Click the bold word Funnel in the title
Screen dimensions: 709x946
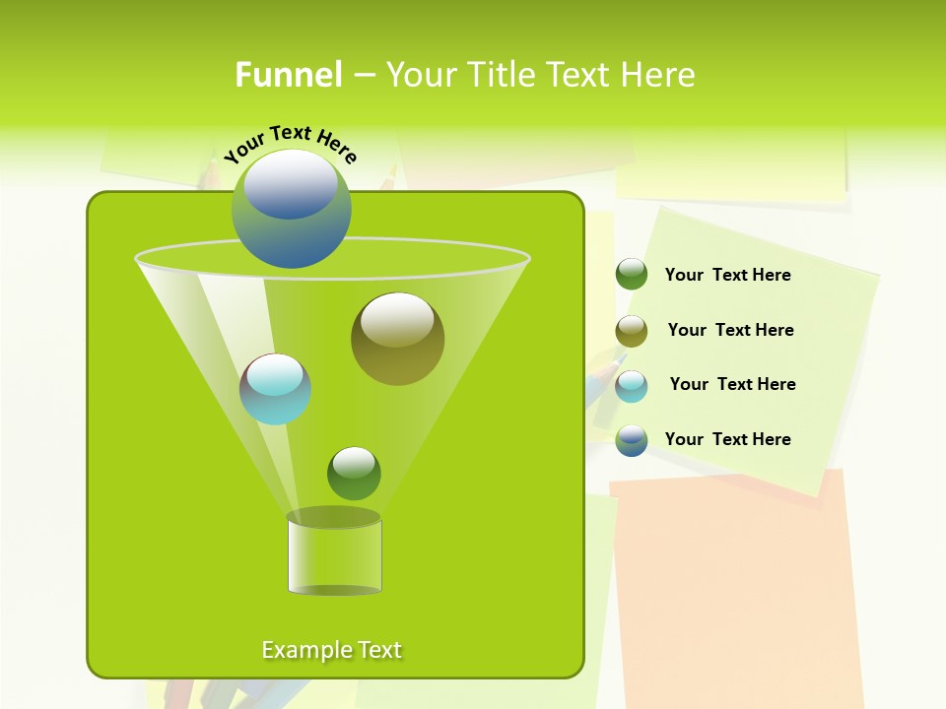[x=288, y=75]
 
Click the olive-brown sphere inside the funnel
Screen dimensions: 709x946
[x=397, y=339]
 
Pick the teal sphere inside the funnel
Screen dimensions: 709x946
[x=276, y=389]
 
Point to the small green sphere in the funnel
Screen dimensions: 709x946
[x=354, y=474]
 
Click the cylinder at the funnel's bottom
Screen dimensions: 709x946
[x=334, y=556]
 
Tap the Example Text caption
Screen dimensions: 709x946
[x=331, y=650]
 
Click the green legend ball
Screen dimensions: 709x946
[x=632, y=275]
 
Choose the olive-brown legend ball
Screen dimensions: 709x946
[x=632, y=331]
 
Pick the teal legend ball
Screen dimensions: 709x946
[x=632, y=386]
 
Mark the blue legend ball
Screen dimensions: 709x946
[x=632, y=440]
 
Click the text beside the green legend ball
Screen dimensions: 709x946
[x=727, y=276]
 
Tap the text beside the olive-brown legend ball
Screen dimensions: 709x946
[x=730, y=331]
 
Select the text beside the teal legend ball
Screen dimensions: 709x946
[x=732, y=385]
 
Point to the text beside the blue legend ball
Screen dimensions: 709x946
[x=727, y=440]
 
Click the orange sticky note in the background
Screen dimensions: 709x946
[x=734, y=591]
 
